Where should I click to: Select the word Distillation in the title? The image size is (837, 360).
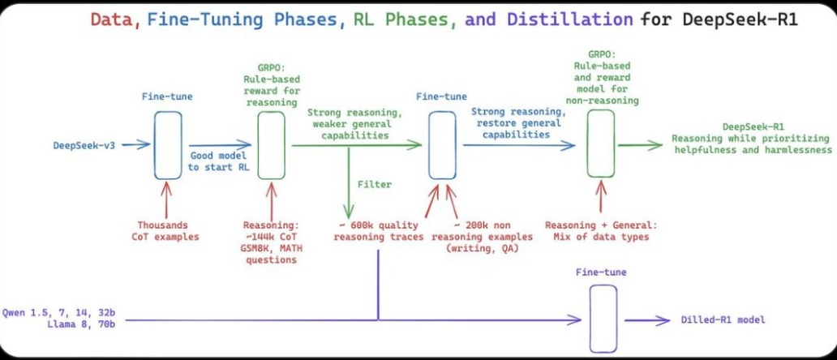tap(569, 20)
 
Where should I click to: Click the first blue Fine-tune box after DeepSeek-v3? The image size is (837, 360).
tap(169, 146)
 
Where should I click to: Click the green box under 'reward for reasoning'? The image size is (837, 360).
tap(271, 146)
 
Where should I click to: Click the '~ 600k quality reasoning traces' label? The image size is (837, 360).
tap(379, 230)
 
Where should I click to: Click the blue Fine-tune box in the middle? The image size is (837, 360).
tap(443, 145)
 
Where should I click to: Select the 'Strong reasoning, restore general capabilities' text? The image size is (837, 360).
tap(516, 123)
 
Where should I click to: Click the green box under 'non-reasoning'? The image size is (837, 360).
tap(601, 143)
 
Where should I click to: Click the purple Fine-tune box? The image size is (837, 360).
tap(603, 319)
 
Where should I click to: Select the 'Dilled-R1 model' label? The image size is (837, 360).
tap(723, 320)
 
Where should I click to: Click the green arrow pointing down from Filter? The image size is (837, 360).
tap(349, 181)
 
